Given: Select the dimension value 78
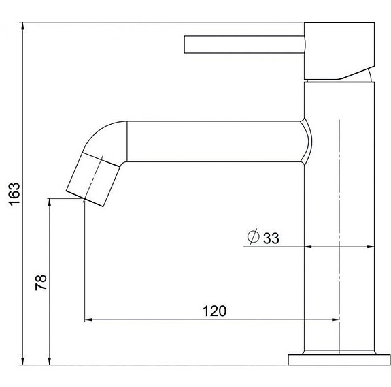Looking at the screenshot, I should (40, 281).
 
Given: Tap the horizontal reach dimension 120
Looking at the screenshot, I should (214, 311).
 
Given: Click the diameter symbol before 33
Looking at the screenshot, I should (252, 237).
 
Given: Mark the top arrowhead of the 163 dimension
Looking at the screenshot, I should (24, 28).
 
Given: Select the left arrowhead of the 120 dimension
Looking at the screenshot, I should (88, 320).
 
